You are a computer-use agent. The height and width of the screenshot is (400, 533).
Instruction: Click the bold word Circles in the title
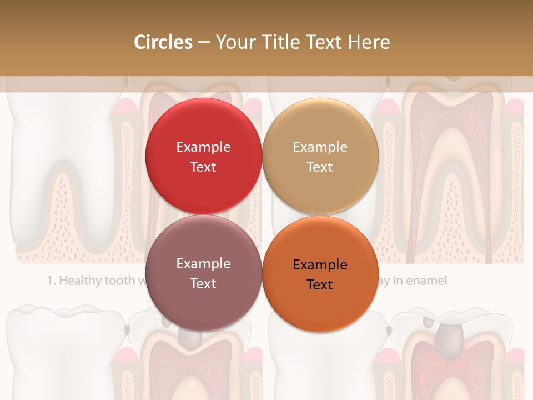pyautogui.click(x=163, y=42)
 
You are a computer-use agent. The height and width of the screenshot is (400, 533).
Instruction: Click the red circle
pyautogui.click(x=203, y=128)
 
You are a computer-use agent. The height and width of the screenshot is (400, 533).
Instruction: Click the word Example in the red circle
pyautogui.click(x=203, y=147)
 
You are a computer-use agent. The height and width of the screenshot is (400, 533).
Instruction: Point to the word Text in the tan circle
pyautogui.click(x=320, y=167)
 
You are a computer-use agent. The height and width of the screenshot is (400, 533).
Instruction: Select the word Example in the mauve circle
pyautogui.click(x=203, y=263)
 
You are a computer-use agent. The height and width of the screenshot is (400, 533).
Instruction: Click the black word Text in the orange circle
pyautogui.click(x=320, y=284)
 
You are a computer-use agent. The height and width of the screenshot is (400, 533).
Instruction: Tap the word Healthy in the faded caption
pyautogui.click(x=83, y=281)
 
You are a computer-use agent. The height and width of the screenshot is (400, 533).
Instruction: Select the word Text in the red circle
pyautogui.click(x=203, y=167)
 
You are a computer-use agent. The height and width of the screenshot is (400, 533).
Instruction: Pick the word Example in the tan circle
pyautogui.click(x=320, y=147)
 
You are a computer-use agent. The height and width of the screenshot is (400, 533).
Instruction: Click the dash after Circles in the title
pyautogui.click(x=204, y=43)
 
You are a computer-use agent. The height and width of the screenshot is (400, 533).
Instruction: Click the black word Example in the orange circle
pyautogui.click(x=320, y=264)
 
